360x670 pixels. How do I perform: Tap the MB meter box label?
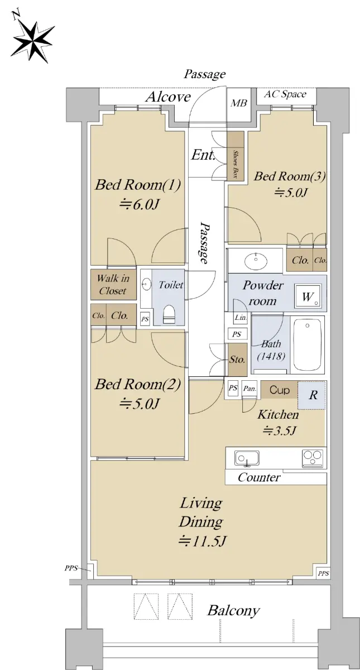(239, 103)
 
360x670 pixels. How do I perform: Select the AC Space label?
(285, 94)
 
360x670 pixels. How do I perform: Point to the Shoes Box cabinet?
(236, 156)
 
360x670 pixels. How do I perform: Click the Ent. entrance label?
(203, 155)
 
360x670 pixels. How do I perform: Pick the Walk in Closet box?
(113, 285)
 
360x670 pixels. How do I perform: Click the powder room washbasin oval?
(256, 261)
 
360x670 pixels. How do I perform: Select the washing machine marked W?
(308, 296)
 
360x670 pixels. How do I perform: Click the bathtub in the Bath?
(308, 345)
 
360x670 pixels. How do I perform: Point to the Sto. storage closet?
(237, 360)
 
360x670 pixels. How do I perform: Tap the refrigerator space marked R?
(311, 395)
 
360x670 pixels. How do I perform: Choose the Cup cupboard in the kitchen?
(279, 390)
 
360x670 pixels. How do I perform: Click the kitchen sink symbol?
(247, 458)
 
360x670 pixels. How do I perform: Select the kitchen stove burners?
(313, 458)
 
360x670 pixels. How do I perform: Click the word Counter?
(259, 477)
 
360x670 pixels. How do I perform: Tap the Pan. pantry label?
(249, 389)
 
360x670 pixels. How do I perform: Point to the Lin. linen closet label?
(241, 317)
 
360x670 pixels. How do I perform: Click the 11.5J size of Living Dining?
(203, 541)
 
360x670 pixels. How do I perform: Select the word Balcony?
(233, 610)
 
